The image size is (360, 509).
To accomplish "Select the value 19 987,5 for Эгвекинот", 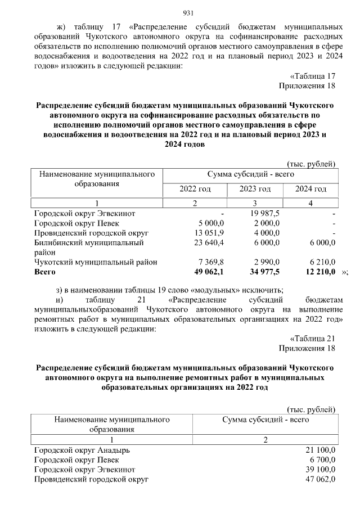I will (260, 214).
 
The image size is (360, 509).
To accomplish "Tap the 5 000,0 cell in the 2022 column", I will (209, 223).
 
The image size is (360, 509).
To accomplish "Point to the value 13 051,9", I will (209, 233).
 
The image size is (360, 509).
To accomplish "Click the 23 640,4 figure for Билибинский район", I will (209, 242).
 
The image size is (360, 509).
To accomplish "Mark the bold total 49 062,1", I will (209, 272).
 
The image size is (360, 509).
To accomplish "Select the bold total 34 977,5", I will (260, 272).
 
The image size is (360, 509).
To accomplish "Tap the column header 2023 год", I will (255, 189).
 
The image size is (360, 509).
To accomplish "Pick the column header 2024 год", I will (310, 189).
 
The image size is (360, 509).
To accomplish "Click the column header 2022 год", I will (195, 189).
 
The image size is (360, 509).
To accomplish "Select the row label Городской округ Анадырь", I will (82, 451).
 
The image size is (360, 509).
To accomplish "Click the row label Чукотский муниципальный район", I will (96, 262).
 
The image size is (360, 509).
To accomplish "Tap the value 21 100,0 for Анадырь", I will (318, 451).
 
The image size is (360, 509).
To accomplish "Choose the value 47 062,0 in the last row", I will (318, 479).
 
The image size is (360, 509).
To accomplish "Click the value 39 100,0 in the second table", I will (318, 470).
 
